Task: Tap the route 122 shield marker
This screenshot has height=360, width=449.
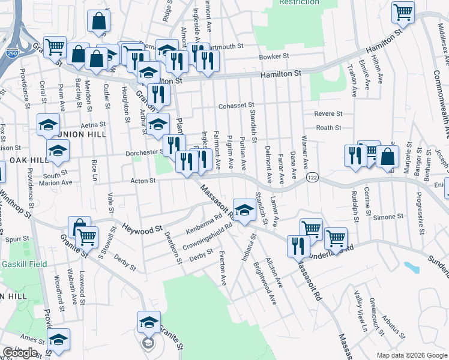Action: [312, 178]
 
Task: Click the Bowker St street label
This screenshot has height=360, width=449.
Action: [274, 56]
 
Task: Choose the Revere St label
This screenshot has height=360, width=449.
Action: [328, 113]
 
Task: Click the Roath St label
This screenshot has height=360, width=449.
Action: [328, 127]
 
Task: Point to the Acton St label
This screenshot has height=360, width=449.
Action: [143, 180]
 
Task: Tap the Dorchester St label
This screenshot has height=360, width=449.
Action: [145, 153]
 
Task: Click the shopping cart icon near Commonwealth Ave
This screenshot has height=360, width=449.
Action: [403, 11]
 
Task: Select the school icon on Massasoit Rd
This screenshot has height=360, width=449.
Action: [244, 210]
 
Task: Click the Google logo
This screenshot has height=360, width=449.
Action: [20, 353]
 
